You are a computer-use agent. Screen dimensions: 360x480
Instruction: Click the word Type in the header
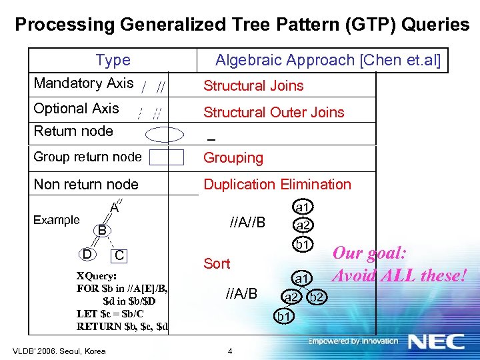point(113,60)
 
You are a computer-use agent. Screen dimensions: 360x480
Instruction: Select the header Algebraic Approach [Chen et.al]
point(328,60)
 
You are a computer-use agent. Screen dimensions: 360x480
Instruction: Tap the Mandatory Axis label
point(83,83)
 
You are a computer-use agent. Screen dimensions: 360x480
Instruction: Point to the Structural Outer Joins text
point(273,112)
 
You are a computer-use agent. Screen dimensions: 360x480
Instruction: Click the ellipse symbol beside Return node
point(165,134)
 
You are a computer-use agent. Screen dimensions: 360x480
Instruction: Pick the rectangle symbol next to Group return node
point(167,157)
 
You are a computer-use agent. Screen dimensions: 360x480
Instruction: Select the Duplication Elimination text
point(277,184)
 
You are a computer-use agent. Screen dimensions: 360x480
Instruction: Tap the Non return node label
point(86,184)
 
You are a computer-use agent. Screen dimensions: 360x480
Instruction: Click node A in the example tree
point(114,208)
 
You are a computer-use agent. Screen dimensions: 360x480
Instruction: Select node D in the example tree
point(87,254)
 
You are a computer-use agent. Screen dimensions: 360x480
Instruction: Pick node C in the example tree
point(119,255)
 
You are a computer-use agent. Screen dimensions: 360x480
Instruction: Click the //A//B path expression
point(247,221)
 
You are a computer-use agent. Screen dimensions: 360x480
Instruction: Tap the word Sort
point(217,263)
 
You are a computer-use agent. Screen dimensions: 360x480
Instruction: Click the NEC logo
point(436,341)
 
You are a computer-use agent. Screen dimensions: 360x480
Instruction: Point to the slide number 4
point(229,351)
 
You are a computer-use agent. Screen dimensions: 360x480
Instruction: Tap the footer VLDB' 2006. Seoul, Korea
point(59,351)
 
